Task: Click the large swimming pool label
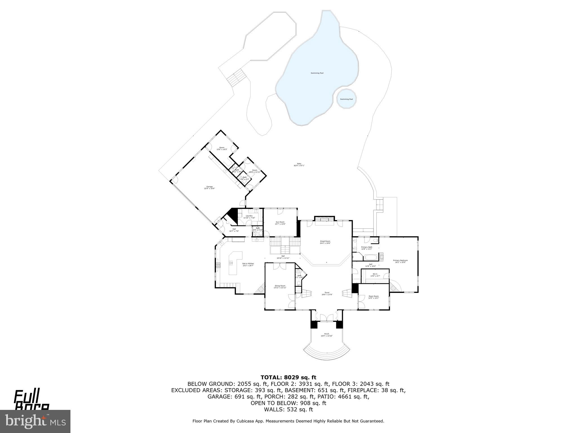pos(317,73)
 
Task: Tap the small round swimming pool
pos(346,99)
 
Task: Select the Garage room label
pos(209,187)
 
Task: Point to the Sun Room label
pos(280,223)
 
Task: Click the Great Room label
pos(325,242)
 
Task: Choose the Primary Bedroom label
pos(400,261)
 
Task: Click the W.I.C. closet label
pos(375,275)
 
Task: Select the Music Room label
pos(374,297)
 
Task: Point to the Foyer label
pos(327,293)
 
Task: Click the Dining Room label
pos(280,286)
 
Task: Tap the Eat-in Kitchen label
pos(248,264)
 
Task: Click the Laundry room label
pos(249,216)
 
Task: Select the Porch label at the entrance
pos(327,335)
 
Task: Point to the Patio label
pos(299,164)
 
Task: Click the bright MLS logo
pos(35,421)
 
